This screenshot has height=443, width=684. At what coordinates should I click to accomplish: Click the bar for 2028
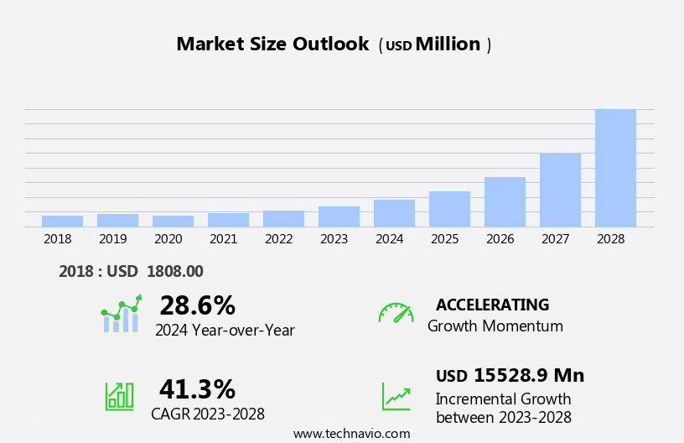[615, 168]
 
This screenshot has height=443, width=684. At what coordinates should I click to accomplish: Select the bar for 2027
[560, 190]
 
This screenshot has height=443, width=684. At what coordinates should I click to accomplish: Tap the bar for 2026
[505, 201]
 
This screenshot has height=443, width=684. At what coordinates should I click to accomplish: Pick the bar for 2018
[62, 221]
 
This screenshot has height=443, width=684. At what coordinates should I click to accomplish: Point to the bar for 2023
[339, 216]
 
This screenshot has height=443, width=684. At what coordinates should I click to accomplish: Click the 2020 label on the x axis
[168, 239]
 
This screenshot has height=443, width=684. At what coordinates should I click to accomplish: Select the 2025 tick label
[444, 239]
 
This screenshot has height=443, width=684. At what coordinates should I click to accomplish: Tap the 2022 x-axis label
[278, 239]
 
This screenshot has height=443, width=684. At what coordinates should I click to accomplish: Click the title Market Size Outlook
[272, 44]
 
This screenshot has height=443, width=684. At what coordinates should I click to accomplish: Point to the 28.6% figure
[197, 305]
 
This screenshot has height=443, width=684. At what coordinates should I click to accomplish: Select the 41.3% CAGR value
[197, 389]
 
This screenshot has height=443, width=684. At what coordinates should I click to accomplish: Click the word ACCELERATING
[492, 305]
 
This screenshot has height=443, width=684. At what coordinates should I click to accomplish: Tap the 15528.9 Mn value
[528, 375]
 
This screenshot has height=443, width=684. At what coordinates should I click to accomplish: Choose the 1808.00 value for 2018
[174, 271]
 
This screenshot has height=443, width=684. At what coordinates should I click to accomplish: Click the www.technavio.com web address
[351, 434]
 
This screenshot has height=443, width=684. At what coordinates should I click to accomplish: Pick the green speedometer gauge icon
[396, 313]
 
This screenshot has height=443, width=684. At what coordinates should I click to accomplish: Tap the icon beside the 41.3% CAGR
[119, 395]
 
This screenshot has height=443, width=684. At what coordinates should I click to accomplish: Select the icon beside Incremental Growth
[396, 396]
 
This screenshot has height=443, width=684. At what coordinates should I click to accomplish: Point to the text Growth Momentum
[495, 326]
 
